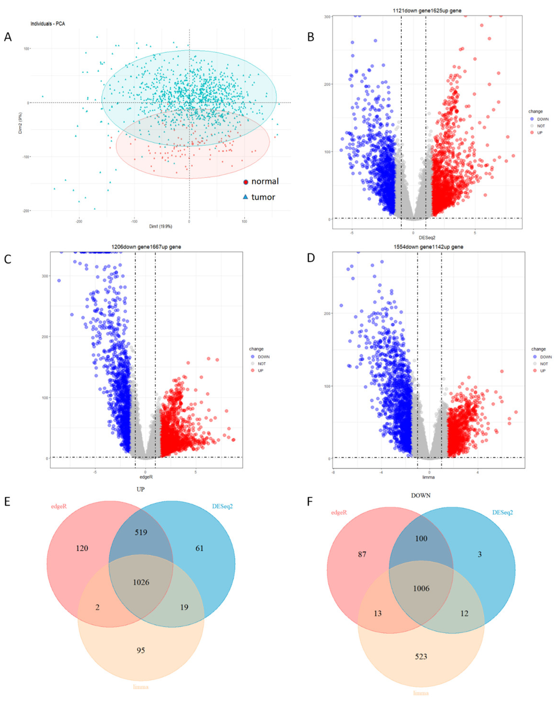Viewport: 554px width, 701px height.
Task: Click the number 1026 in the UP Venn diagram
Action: (x=141, y=582)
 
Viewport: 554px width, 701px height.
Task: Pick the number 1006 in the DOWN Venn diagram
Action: (x=421, y=588)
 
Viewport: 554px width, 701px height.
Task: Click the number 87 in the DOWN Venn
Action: (x=362, y=554)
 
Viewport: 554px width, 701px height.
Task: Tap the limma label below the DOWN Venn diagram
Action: (x=421, y=693)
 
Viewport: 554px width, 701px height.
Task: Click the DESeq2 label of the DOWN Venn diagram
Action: (x=503, y=513)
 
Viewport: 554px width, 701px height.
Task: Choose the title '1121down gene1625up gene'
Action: (x=427, y=11)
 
